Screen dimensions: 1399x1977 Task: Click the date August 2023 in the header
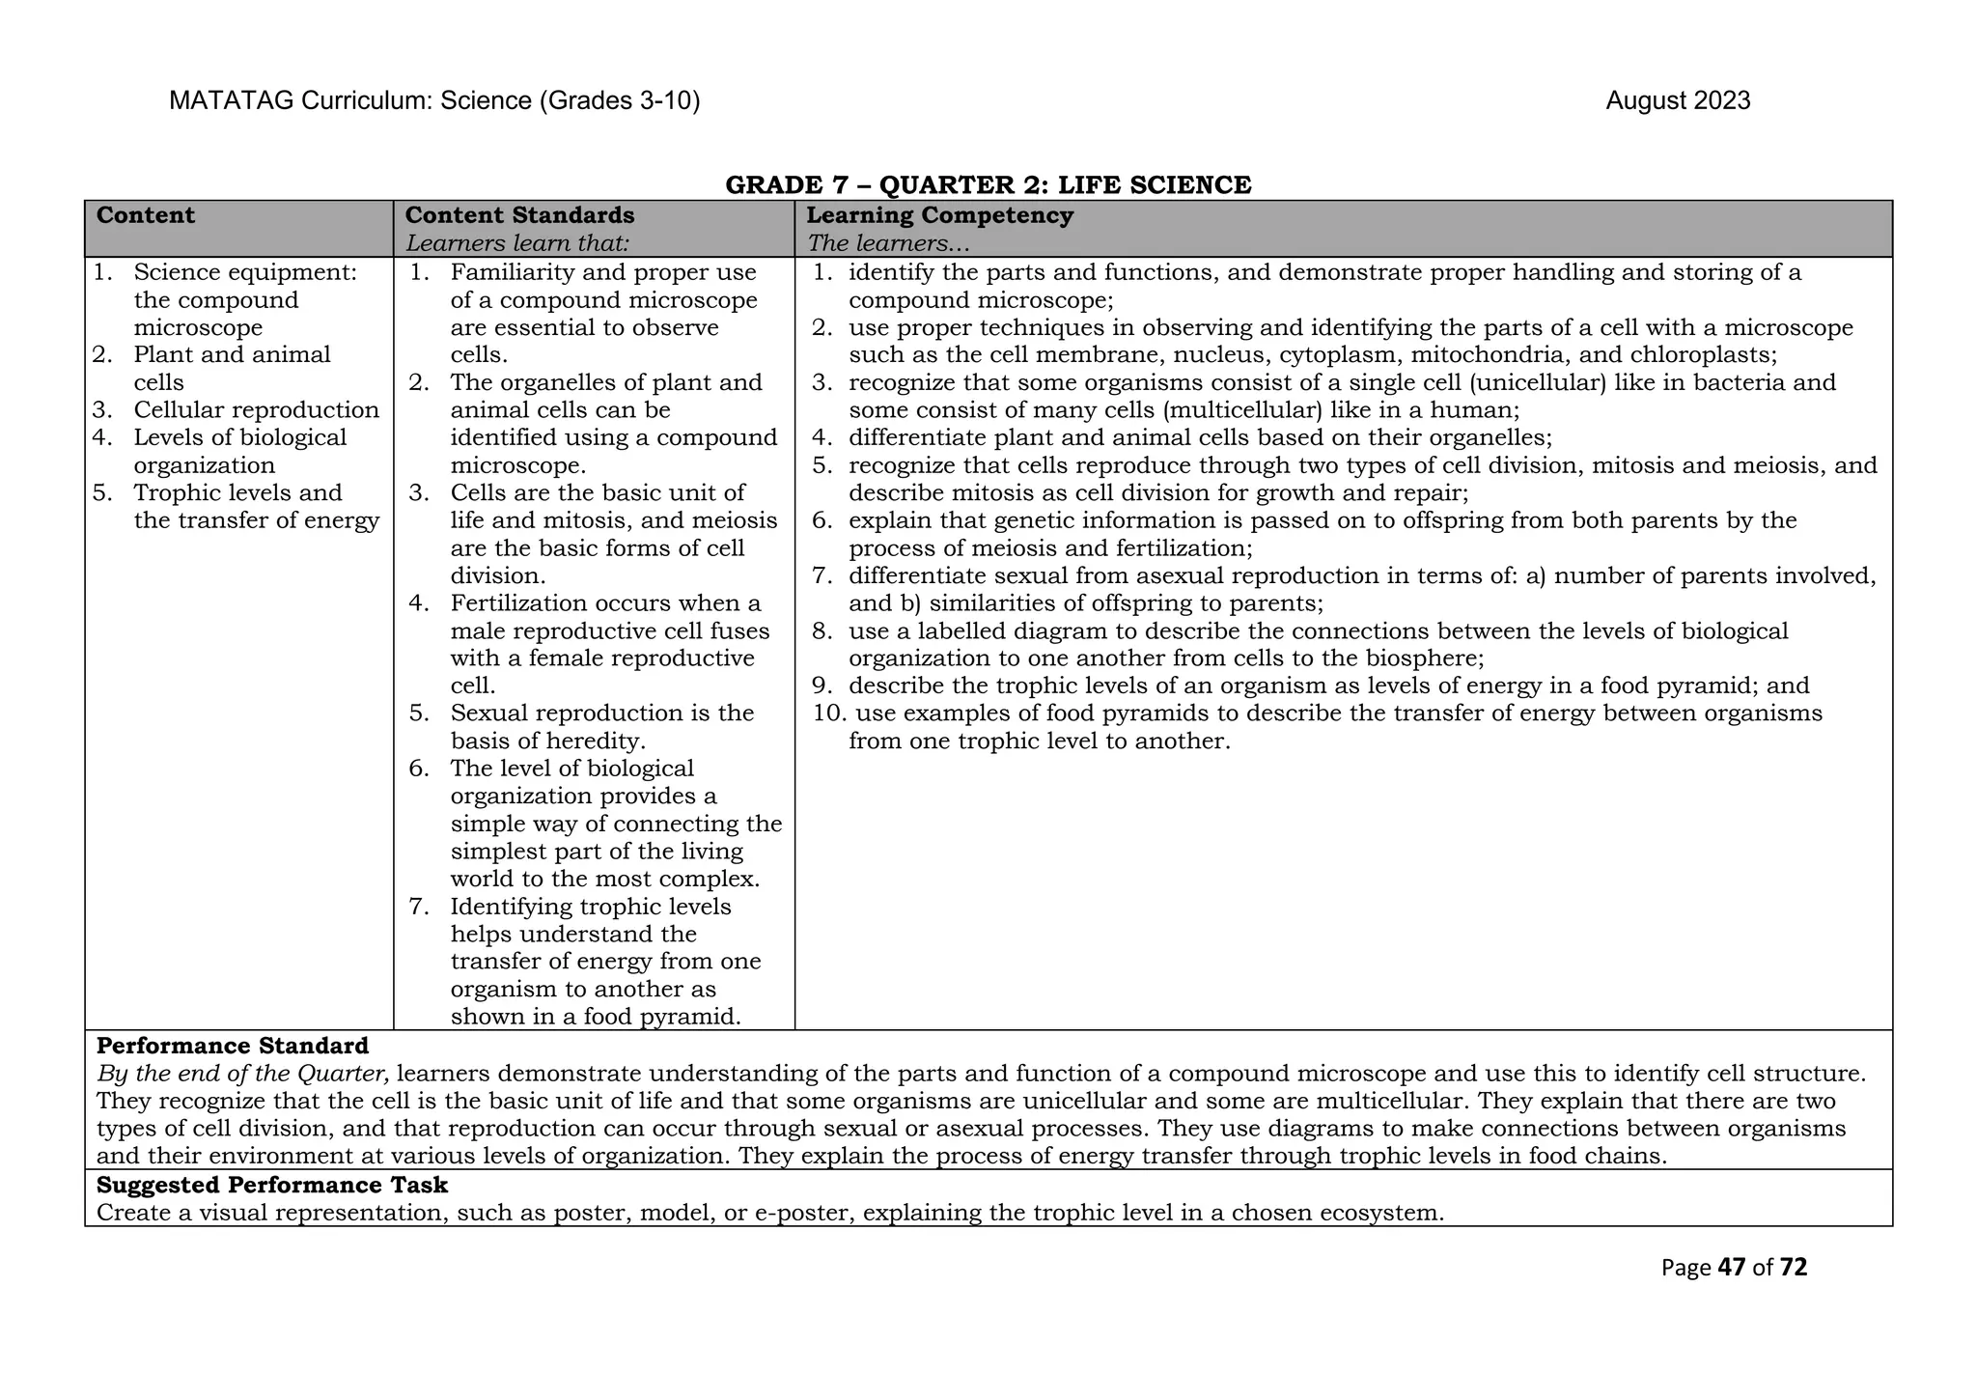[x=1677, y=101]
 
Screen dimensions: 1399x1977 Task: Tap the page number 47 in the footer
[x=1732, y=1268]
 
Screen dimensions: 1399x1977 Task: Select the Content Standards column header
[x=519, y=215]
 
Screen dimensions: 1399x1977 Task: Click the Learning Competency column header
[x=939, y=215]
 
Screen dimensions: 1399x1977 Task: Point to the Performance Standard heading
[x=233, y=1046]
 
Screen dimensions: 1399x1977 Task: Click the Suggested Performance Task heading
[x=272, y=1185]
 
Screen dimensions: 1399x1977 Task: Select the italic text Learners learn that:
[x=517, y=243]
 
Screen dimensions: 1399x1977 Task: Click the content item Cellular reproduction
[x=256, y=410]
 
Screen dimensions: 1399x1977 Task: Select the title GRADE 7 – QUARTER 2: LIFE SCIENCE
[x=988, y=184]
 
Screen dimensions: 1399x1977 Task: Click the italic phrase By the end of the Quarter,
[x=243, y=1074]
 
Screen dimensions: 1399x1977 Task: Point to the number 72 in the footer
[x=1793, y=1268]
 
